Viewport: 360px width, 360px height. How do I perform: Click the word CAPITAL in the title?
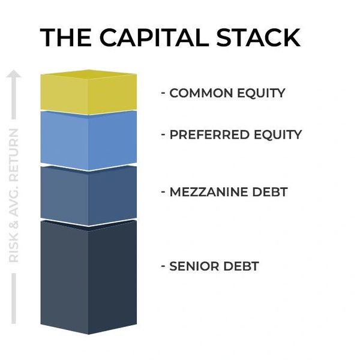pos(154,37)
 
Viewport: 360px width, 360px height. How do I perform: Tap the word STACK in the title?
pos(258,37)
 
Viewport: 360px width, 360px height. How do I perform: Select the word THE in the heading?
pos(66,37)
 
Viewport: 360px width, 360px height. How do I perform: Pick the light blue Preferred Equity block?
pos(89,140)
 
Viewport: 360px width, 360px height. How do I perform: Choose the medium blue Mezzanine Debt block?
pos(89,195)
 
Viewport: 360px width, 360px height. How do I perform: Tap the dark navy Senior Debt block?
pos(89,277)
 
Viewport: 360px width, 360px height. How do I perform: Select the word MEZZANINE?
pos(209,192)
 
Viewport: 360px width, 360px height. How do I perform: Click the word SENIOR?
pos(194,266)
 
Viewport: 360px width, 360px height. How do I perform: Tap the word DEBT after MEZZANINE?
pos(270,192)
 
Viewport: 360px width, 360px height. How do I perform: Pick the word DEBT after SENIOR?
pos(241,266)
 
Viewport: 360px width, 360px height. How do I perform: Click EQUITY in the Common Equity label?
pos(261,93)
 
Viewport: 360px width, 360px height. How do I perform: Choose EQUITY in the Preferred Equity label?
pos(278,135)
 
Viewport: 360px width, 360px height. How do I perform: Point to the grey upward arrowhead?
pos(14,74)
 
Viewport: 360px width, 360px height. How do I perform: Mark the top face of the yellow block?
pos(89,74)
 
